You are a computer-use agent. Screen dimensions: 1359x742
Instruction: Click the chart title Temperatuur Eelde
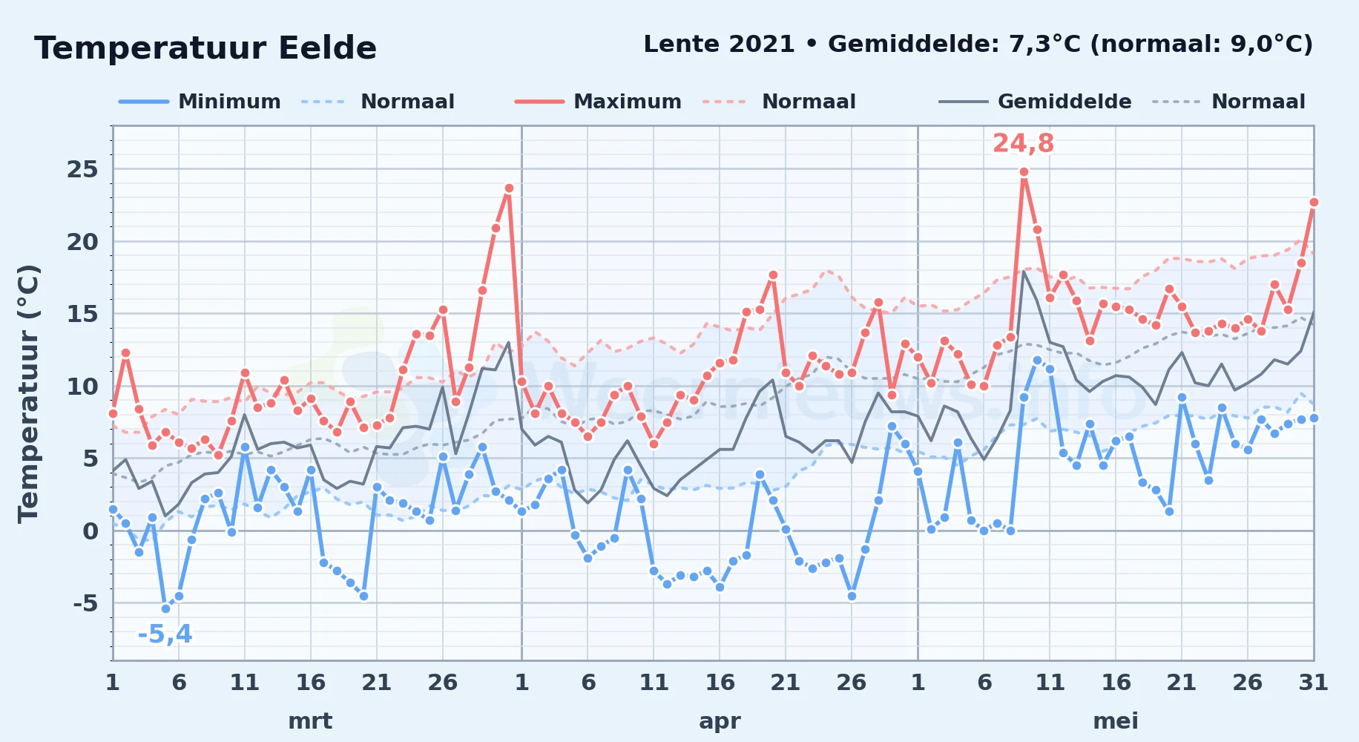pos(205,48)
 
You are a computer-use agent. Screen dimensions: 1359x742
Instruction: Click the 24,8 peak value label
pos(1023,143)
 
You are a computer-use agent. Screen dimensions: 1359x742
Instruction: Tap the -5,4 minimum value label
pos(165,634)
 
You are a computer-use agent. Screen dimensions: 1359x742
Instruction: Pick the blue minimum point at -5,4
pos(165,608)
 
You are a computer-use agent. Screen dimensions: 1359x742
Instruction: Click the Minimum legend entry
pos(200,102)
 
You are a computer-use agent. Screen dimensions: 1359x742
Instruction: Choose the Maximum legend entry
pos(598,102)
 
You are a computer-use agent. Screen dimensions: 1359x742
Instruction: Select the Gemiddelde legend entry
pos(1035,102)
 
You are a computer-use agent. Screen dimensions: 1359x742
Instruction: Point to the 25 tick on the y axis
pos(82,169)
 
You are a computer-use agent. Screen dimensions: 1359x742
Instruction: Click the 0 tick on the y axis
pos(91,531)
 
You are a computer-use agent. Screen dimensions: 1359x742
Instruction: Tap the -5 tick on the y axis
pos(85,603)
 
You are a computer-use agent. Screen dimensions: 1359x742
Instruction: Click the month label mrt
pos(310,721)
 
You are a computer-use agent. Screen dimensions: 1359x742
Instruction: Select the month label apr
pos(720,721)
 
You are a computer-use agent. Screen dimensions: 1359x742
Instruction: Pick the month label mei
pos(1116,721)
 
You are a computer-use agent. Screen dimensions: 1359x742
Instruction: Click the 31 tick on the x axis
pos(1313,683)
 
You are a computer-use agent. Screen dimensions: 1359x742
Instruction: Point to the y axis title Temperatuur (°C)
pos(28,393)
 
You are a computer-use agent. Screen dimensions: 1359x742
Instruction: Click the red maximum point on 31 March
pos(509,188)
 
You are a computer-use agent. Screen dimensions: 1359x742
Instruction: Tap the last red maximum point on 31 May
pos(1314,202)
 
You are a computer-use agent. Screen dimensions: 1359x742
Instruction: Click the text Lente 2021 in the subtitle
pos(719,44)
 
